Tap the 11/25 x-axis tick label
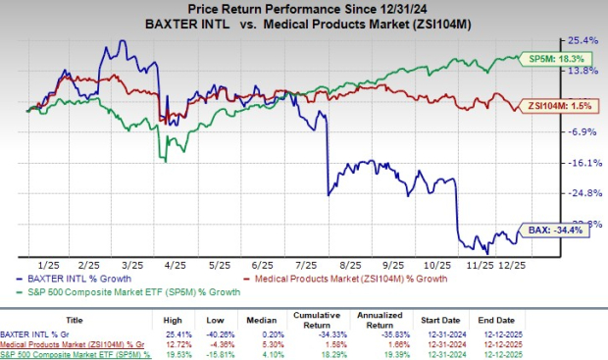(x=479, y=264)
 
